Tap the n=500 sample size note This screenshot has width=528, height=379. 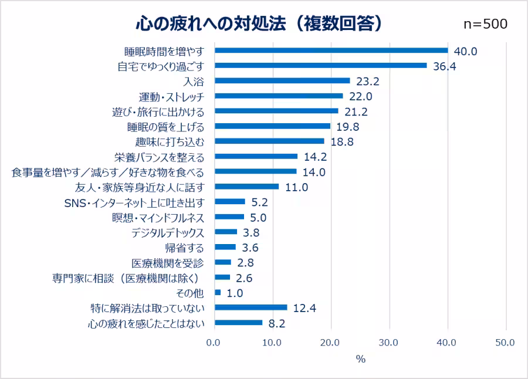485,23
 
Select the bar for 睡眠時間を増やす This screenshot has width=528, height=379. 331,50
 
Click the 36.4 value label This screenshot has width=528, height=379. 444,66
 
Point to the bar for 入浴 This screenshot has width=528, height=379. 282,81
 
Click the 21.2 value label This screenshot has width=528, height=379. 356,111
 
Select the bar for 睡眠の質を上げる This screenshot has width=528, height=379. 272,126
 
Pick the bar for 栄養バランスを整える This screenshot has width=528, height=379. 256,157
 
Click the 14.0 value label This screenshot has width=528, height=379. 313,172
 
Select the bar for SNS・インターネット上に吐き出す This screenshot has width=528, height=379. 229,202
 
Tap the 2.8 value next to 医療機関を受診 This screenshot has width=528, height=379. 245,263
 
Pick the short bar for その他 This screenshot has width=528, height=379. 218,293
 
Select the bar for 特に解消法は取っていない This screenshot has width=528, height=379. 251,307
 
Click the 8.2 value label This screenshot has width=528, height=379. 276,323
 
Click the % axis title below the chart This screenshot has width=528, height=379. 360,359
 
